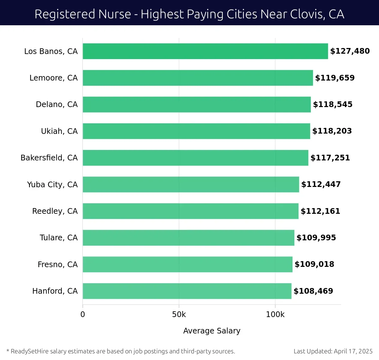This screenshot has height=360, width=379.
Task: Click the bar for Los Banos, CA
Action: (x=205, y=51)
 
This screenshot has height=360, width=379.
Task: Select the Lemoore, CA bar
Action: (x=198, y=78)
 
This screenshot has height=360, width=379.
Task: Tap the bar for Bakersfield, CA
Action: (x=196, y=158)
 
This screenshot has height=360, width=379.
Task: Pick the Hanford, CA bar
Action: (x=187, y=291)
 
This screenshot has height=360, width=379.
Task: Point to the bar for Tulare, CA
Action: (x=189, y=238)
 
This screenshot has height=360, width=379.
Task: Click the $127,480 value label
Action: (x=350, y=51)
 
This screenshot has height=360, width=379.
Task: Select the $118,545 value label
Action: (x=333, y=105)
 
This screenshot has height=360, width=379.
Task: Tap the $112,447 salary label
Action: (x=321, y=184)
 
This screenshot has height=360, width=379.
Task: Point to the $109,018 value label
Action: (x=314, y=264)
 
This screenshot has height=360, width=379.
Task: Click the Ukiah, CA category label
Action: (x=59, y=131)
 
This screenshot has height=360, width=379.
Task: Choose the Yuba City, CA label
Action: (x=52, y=184)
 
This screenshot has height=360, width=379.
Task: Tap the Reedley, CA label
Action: (x=55, y=211)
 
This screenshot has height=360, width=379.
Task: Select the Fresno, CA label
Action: (x=57, y=264)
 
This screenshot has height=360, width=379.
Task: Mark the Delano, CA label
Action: (x=57, y=105)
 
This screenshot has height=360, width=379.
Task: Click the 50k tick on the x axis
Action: (x=179, y=315)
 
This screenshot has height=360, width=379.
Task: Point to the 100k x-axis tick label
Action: (x=275, y=315)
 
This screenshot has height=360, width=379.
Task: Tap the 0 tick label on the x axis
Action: (x=83, y=315)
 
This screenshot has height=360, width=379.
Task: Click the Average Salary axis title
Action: (x=212, y=331)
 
